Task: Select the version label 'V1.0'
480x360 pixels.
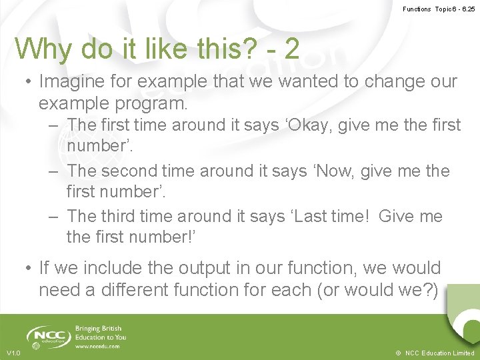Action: [x=13, y=353]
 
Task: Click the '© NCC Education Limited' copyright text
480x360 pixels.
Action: [x=435, y=353]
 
